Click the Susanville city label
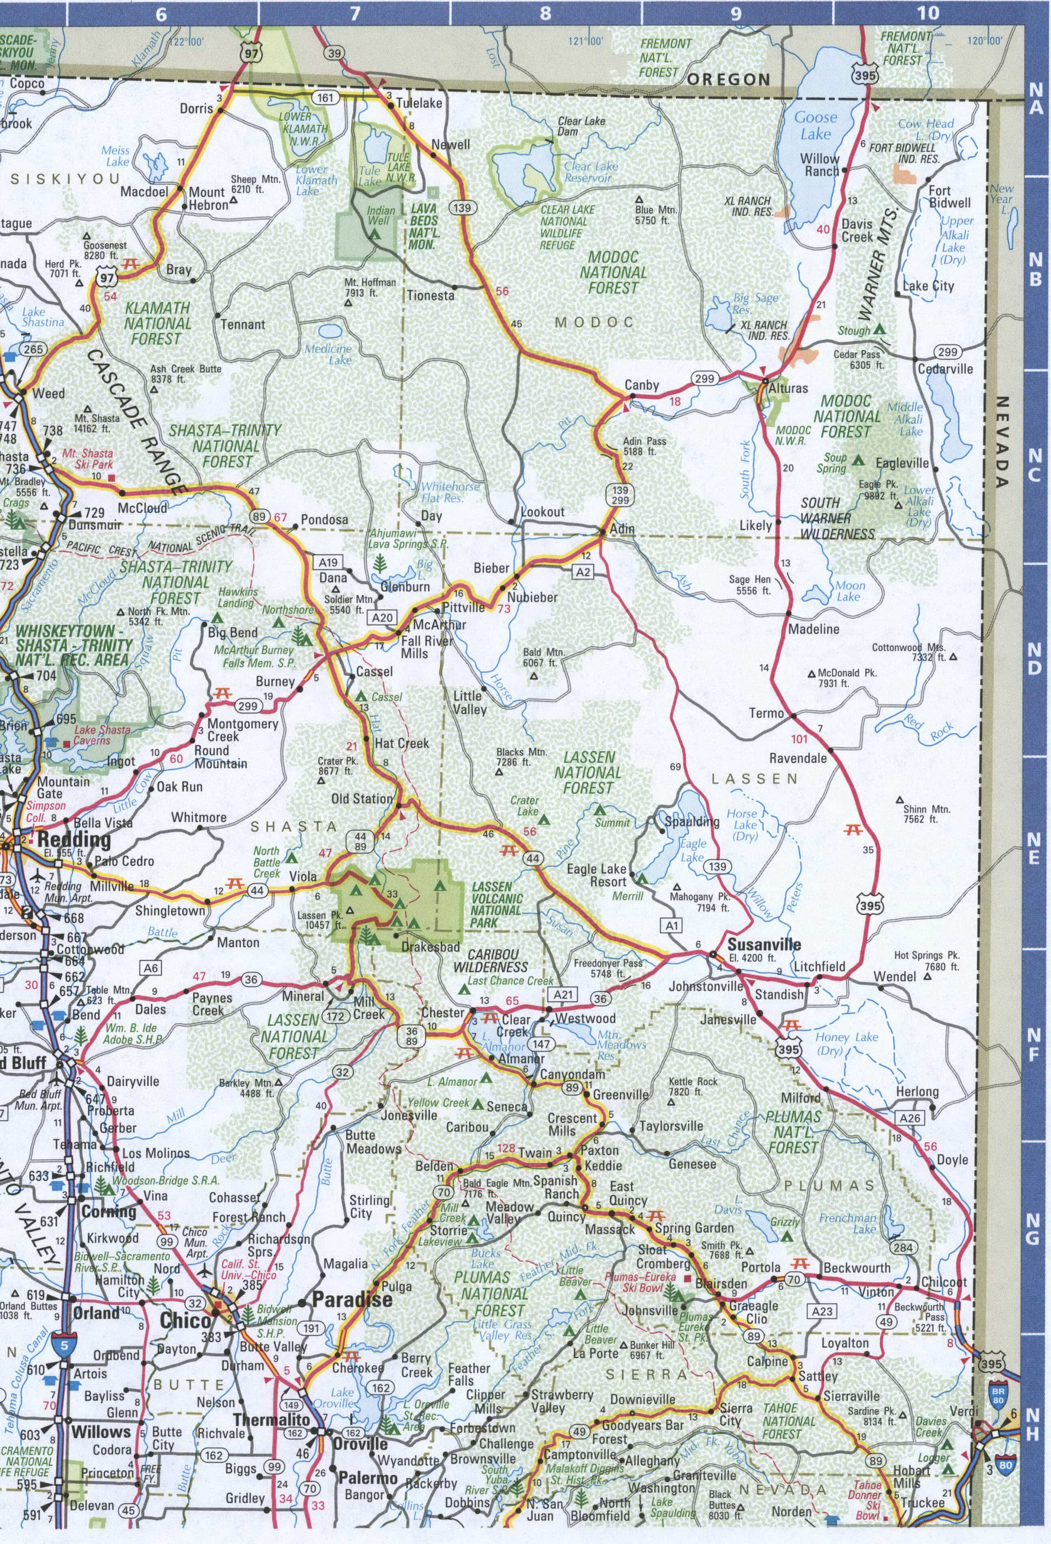coord(763,944)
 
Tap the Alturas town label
coord(788,388)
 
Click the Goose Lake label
coord(816,126)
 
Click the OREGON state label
coord(728,80)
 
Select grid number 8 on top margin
coord(545,13)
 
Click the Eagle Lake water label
coord(692,850)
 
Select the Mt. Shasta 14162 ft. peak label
coord(97,423)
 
